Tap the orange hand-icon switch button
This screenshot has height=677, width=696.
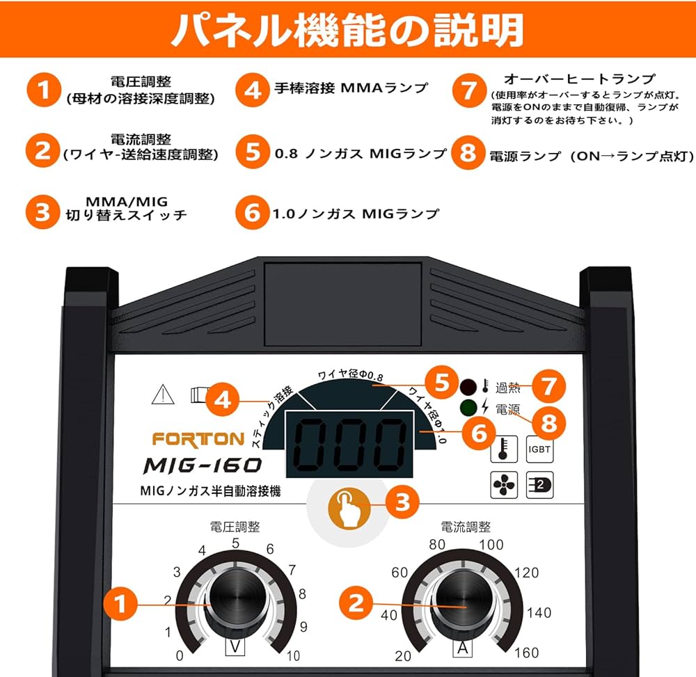(349, 509)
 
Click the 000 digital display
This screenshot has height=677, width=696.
(349, 444)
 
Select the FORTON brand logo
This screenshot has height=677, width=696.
(198, 439)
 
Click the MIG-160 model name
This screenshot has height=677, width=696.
(203, 465)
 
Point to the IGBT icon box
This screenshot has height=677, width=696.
(539, 449)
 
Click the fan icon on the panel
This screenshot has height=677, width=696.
(504, 485)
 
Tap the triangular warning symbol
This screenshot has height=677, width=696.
(163, 395)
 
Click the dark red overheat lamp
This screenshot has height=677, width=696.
(468, 387)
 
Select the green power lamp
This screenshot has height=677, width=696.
(468, 407)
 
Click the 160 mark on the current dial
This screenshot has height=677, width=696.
(526, 653)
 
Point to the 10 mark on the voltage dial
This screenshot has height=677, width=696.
(294, 655)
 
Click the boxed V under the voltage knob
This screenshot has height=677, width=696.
(235, 647)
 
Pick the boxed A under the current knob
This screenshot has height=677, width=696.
(463, 648)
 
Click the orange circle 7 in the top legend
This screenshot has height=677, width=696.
(469, 90)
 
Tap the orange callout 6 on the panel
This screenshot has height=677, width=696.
(479, 433)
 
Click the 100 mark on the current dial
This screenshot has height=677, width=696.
(491, 544)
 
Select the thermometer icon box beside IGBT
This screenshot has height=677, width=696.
(504, 449)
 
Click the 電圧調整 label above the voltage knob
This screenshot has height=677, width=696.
(235, 527)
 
